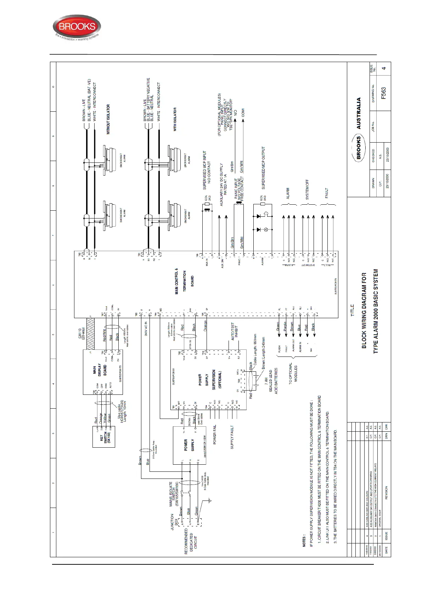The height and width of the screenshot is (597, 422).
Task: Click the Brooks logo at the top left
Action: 77,28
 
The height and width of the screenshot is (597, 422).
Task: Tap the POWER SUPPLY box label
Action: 189,445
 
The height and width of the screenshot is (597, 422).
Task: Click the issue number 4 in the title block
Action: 384,68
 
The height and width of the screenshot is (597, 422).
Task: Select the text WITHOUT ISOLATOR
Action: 108,119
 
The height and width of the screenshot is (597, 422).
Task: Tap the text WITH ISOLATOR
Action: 175,120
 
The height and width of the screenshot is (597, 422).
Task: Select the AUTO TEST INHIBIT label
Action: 235,332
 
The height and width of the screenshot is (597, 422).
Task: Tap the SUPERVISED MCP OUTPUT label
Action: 264,167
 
